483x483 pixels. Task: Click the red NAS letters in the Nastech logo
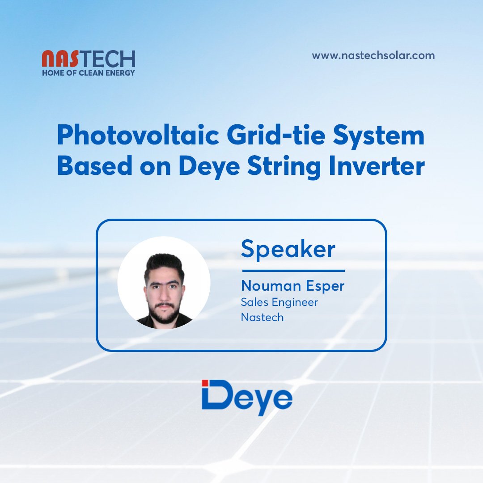tap(60, 59)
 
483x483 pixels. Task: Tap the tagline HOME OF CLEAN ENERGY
tap(89, 73)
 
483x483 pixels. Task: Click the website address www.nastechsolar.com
tap(373, 55)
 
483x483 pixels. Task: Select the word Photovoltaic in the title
tap(138, 135)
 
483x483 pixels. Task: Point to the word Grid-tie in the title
tap(276, 135)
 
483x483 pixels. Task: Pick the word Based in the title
tap(95, 165)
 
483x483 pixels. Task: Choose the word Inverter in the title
tap(377, 165)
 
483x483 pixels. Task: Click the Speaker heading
tap(288, 250)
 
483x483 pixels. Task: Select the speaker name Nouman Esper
tap(292, 286)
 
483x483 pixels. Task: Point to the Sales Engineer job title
tap(279, 302)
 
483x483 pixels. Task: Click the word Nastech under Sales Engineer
tap(262, 317)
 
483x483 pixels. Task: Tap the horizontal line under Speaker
tap(293, 271)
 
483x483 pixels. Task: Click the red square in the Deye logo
tap(205, 382)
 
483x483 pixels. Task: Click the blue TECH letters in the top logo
tap(107, 59)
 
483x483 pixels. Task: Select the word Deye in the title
tap(209, 167)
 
